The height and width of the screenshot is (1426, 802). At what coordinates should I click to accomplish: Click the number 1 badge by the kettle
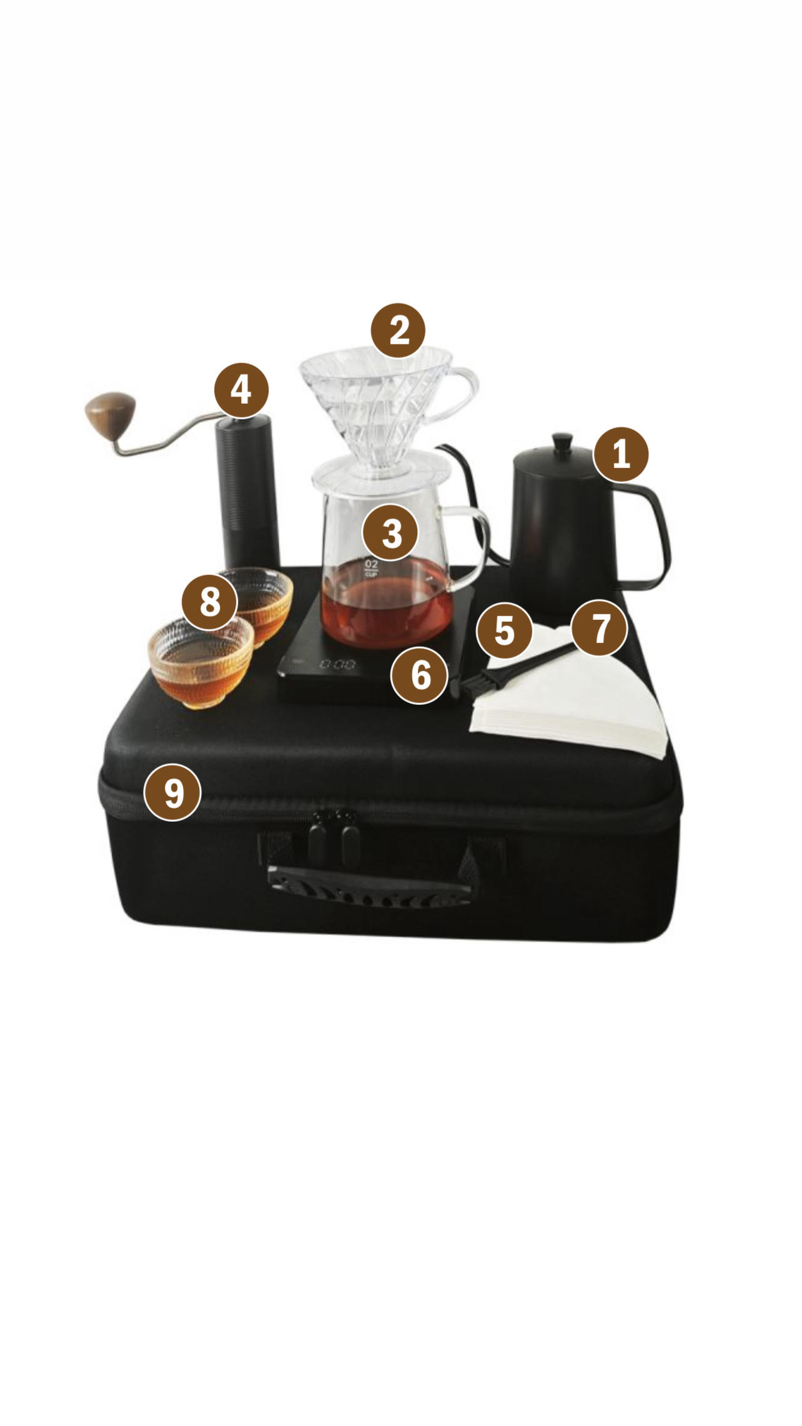pyautogui.click(x=621, y=454)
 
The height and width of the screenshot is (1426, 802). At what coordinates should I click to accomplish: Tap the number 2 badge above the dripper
pyautogui.click(x=398, y=330)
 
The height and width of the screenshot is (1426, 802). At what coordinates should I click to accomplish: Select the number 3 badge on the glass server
pyautogui.click(x=391, y=533)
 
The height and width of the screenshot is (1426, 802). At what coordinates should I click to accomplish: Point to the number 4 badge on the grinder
pyautogui.click(x=241, y=391)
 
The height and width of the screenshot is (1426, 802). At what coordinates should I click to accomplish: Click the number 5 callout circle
pyautogui.click(x=504, y=631)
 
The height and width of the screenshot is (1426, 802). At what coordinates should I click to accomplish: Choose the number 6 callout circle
pyautogui.click(x=420, y=675)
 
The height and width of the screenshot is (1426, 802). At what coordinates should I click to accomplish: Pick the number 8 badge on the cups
pyautogui.click(x=210, y=602)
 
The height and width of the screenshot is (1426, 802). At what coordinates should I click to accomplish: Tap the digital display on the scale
pyautogui.click(x=339, y=664)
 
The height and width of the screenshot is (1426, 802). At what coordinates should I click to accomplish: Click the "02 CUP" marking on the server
pyautogui.click(x=372, y=567)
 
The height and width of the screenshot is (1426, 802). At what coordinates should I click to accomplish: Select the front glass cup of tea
pyautogui.click(x=201, y=662)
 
